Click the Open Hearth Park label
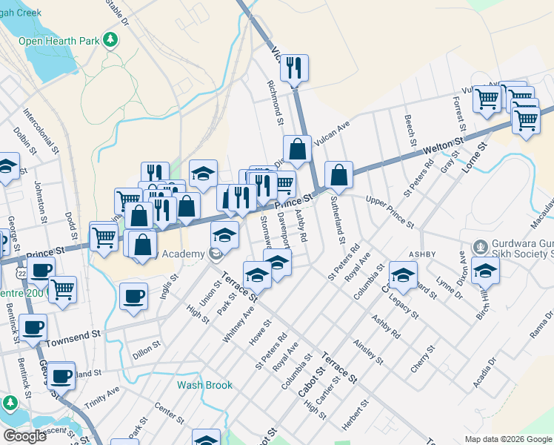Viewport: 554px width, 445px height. (59, 40)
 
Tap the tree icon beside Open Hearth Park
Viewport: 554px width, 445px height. (111, 39)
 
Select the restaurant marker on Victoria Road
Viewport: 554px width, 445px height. (294, 68)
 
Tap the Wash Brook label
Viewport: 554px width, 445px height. (204, 385)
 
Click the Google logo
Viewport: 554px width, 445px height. (24, 435)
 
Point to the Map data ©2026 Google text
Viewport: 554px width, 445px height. (508, 439)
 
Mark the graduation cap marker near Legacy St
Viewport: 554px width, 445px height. (403, 275)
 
